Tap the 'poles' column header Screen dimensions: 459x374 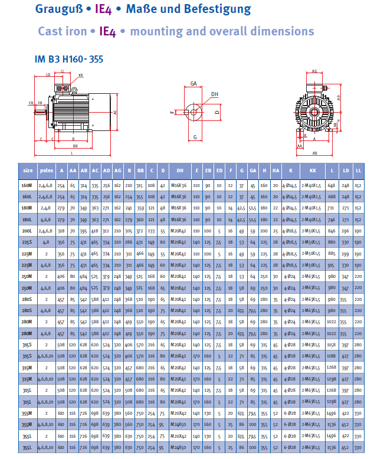(x=46, y=170)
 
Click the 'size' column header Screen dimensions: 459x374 (x=28, y=170)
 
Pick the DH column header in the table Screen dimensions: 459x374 (x=179, y=170)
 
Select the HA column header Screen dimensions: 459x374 (x=275, y=170)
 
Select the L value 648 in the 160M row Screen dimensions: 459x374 (x=332, y=185)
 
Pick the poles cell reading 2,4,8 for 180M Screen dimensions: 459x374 (x=46, y=208)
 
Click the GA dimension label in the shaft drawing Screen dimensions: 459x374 (x=193, y=84)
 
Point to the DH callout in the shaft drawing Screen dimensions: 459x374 (x=215, y=94)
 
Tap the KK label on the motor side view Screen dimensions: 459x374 (x=81, y=76)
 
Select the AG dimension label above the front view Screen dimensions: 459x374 (x=314, y=71)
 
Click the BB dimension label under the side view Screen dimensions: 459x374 (x=75, y=146)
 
